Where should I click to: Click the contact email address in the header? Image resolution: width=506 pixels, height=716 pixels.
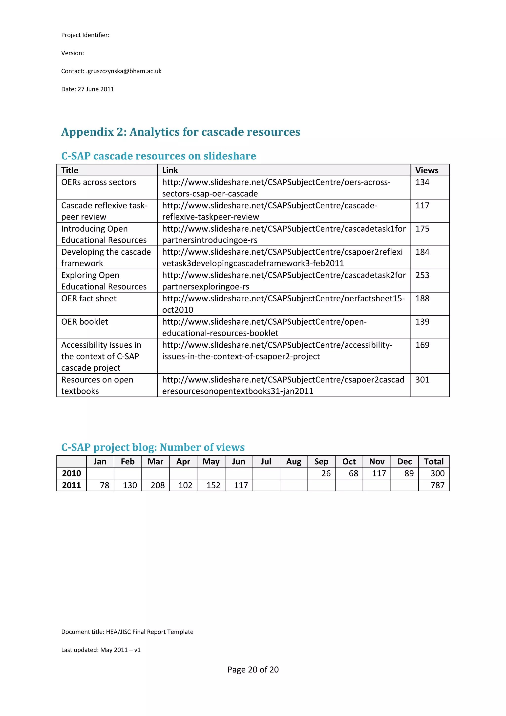pyautogui.click(x=124, y=71)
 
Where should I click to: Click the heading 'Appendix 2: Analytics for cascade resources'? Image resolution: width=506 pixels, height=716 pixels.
pyautogui.click(x=181, y=132)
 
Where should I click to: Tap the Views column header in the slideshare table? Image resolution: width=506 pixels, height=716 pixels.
pyautogui.click(x=426, y=170)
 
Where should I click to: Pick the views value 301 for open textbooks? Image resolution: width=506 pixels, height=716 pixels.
pyautogui.click(x=422, y=380)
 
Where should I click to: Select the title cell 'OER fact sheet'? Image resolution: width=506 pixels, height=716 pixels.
pyautogui.click(x=89, y=298)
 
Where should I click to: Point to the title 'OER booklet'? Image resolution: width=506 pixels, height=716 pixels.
pyautogui.click(x=84, y=322)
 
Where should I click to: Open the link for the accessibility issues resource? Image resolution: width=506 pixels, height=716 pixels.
pyautogui.click(x=277, y=351)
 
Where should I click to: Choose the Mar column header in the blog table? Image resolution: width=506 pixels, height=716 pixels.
pyautogui.click(x=155, y=462)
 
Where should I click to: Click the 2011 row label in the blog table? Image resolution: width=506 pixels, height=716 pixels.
pyautogui.click(x=71, y=485)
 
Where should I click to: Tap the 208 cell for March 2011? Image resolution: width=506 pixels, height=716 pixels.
pyautogui.click(x=158, y=485)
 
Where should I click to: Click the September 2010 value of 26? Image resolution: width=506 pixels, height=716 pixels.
pyautogui.click(x=326, y=473)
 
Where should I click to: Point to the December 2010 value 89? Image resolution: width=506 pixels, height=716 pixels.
pyautogui.click(x=409, y=473)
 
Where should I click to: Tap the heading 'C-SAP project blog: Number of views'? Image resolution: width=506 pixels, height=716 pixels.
pyautogui.click(x=153, y=447)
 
